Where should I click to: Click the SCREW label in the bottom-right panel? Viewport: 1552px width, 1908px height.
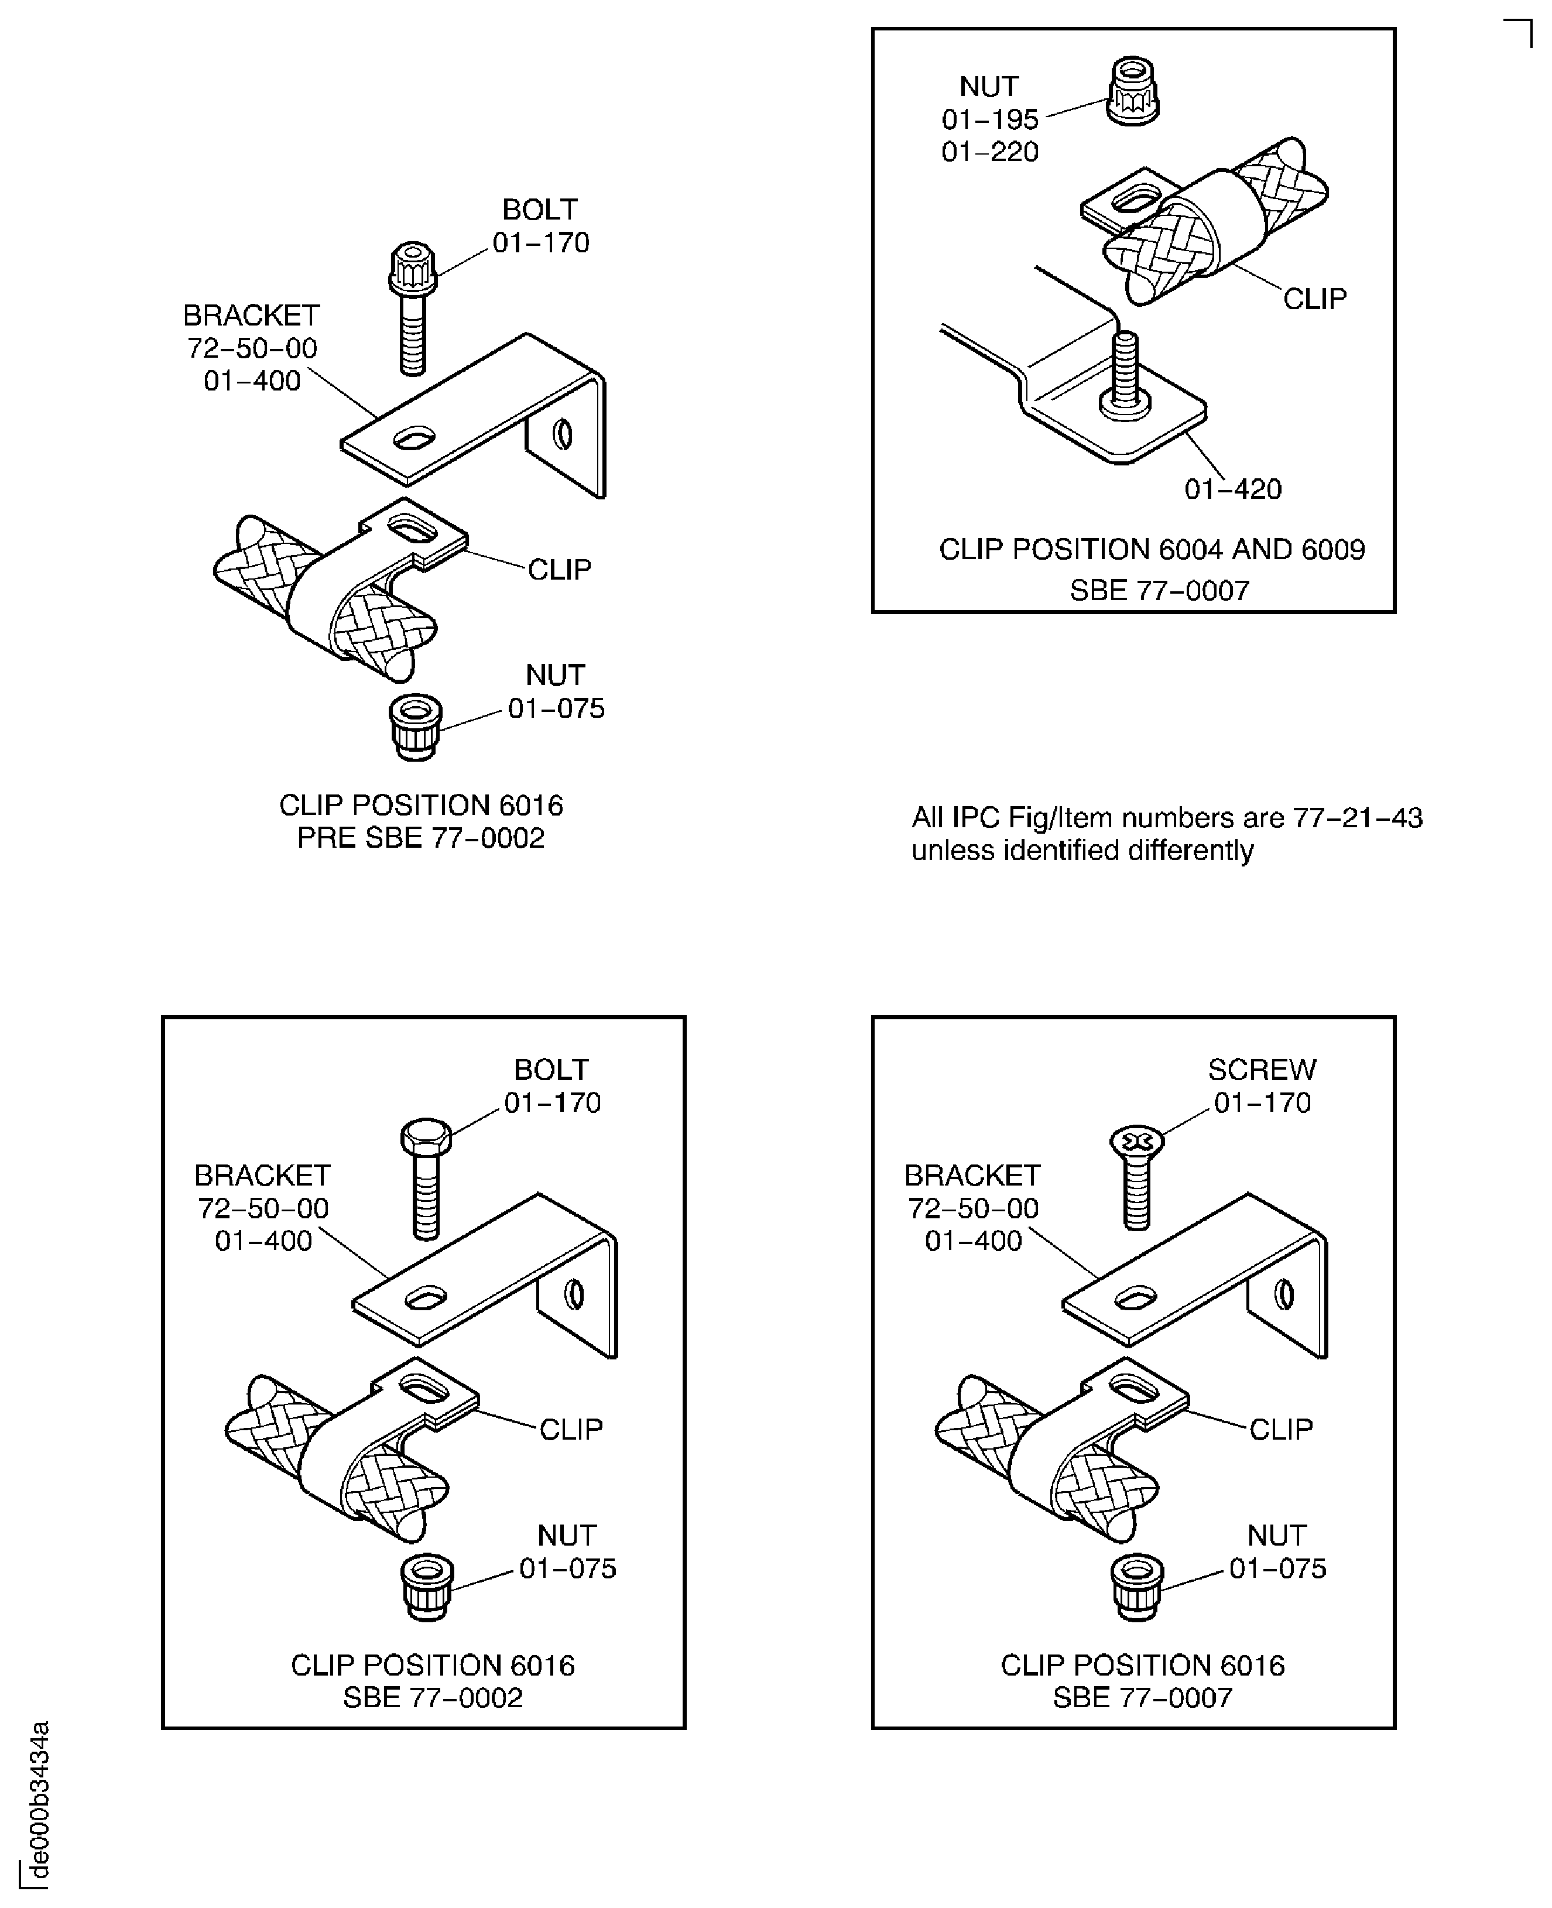coord(1262,1070)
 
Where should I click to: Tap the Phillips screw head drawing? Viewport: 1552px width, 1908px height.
coord(1136,1142)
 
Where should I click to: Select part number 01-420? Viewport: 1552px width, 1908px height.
coord(1233,489)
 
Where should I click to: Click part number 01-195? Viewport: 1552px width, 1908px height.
coord(989,119)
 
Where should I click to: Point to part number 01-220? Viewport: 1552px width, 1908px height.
coord(989,152)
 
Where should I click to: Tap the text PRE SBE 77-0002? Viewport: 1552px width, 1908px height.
coord(420,838)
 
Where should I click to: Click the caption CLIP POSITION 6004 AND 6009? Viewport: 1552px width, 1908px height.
coord(1152,549)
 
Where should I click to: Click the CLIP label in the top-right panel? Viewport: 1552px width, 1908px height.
coord(1314,299)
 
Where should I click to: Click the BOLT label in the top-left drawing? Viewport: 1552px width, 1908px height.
coord(539,209)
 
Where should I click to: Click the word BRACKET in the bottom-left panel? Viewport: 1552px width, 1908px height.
coord(262,1175)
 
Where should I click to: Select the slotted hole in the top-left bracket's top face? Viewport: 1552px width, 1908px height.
coord(413,438)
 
